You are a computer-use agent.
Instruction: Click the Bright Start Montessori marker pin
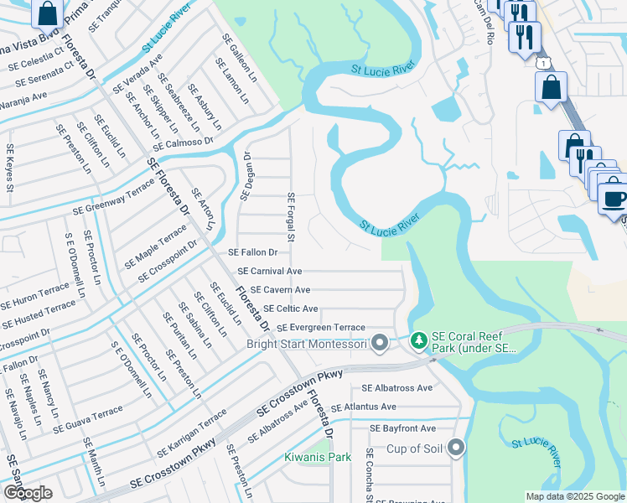tap(380, 342)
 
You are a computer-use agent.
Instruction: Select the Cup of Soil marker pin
tap(456, 448)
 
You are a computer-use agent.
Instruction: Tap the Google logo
tap(28, 492)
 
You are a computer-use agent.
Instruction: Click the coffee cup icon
tap(615, 199)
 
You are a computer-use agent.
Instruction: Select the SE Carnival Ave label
tap(269, 272)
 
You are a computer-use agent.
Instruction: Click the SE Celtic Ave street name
tap(290, 309)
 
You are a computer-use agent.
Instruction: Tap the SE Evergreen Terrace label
tap(321, 327)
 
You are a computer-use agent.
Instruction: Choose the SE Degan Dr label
tap(246, 176)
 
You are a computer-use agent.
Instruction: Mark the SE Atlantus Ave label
tap(363, 407)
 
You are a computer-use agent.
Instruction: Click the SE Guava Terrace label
tap(88, 421)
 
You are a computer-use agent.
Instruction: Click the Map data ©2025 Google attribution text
tap(574, 496)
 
